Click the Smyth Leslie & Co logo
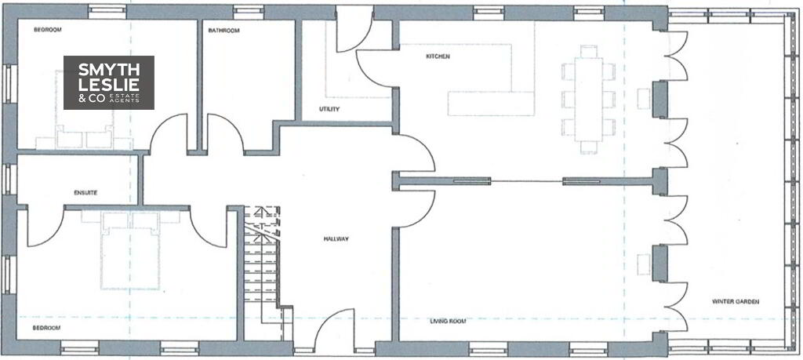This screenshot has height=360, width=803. (x=108, y=82)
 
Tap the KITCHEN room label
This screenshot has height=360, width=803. (x=438, y=56)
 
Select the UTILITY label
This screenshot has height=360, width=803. (x=329, y=109)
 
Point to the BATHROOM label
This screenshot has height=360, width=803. (x=223, y=31)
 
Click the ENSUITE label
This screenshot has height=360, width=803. (x=85, y=193)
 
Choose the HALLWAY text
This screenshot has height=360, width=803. (x=336, y=239)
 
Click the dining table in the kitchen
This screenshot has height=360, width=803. (x=588, y=100)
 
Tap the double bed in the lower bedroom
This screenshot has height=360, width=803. (x=131, y=251)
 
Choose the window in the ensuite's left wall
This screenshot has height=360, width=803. (x=9, y=180)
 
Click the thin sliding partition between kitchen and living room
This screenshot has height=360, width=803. (x=526, y=180)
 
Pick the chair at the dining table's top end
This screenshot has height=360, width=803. (x=589, y=51)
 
